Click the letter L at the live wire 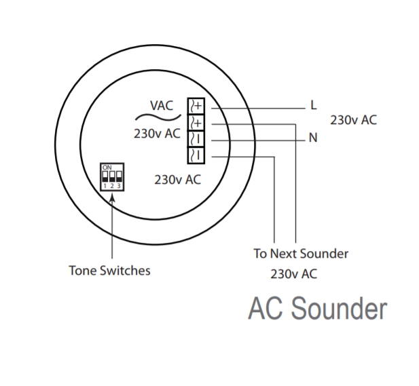point(313,105)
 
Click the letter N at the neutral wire point(313,138)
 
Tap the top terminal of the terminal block point(197,106)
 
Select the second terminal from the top point(197,123)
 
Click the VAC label point(162,106)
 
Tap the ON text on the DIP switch point(107,167)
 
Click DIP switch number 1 point(105,176)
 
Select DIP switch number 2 point(112,176)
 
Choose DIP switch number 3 point(119,176)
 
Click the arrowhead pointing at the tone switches point(112,197)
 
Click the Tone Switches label point(109,271)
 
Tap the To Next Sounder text point(300,254)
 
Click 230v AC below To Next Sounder point(293,275)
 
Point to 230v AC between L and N point(353,120)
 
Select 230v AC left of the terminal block point(157,134)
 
